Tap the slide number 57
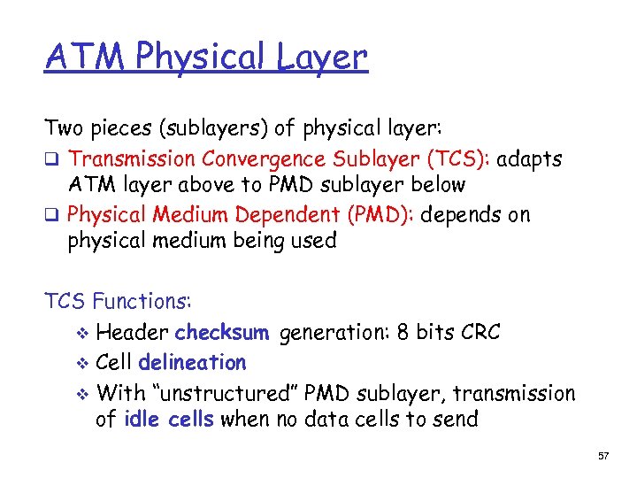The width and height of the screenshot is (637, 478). tap(604, 456)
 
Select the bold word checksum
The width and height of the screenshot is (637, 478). tap(221, 333)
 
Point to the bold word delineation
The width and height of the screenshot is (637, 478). tap(192, 363)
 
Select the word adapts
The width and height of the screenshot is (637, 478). tap(529, 160)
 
